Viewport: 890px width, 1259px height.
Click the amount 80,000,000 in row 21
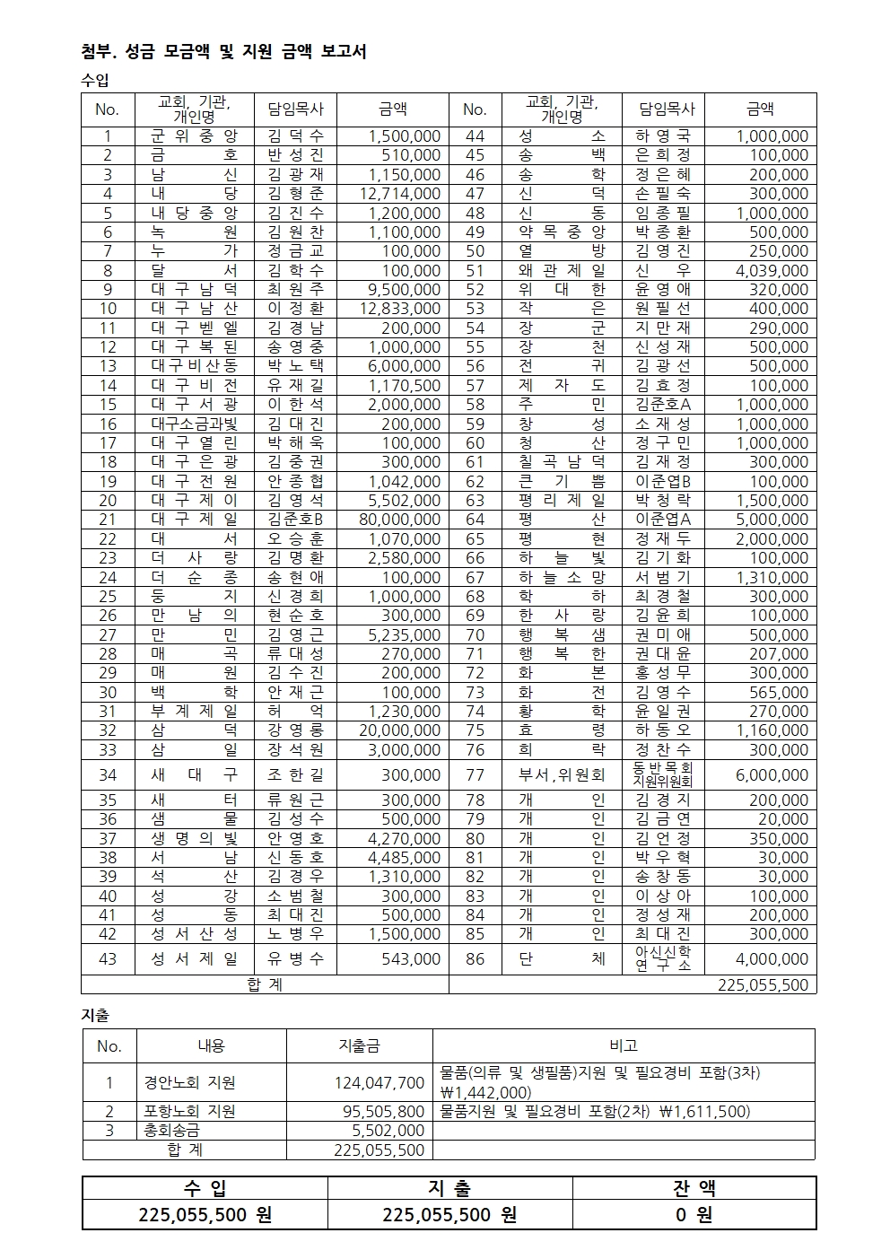(x=404, y=520)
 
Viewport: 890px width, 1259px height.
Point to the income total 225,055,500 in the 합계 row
(x=763, y=984)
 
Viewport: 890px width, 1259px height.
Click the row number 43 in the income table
(x=108, y=959)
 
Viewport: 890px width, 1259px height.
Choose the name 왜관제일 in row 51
(x=562, y=270)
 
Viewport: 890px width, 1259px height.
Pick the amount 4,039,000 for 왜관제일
(x=772, y=270)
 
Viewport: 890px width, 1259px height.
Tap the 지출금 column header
(x=359, y=1045)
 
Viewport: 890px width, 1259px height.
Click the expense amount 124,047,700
(x=379, y=1083)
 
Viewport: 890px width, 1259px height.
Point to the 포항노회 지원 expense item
(x=189, y=1112)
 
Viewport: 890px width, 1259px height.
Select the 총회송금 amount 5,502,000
(x=388, y=1131)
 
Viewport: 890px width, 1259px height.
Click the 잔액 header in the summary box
(x=694, y=1189)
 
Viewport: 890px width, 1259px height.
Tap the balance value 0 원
(x=694, y=1215)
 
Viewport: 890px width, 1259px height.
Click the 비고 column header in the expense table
(x=624, y=1045)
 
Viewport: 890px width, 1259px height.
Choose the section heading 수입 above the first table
(x=95, y=81)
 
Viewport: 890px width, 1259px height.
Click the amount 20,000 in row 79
(x=782, y=819)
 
